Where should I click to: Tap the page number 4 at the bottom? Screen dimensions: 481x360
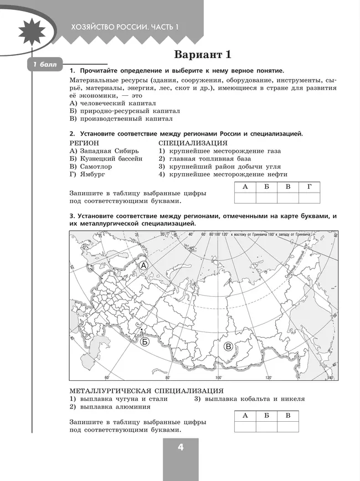[181, 448]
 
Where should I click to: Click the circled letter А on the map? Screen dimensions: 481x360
[143, 266]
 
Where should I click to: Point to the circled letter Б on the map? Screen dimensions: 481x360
[145, 342]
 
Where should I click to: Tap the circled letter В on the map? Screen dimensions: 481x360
[228, 346]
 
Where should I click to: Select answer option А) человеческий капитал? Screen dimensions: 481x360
[112, 103]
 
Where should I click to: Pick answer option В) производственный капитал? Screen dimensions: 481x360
[121, 118]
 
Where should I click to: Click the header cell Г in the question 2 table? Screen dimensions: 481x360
[309, 187]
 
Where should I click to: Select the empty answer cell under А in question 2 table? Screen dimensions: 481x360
[245, 198]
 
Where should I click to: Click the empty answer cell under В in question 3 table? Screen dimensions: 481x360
[287, 426]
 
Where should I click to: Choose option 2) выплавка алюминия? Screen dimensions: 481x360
[104, 406]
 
